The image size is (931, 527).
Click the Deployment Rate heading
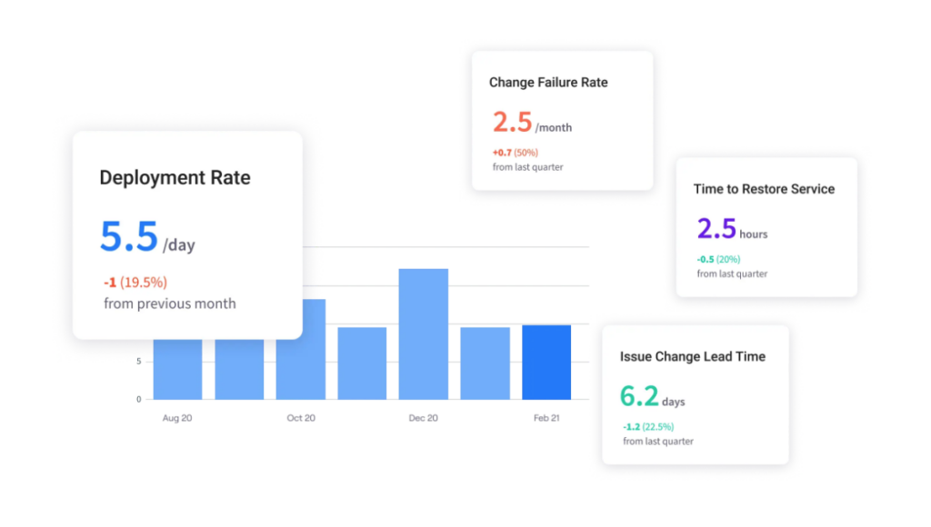click(x=175, y=178)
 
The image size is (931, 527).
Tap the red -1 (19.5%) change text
click(x=135, y=282)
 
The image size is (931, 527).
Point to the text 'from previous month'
click(x=170, y=303)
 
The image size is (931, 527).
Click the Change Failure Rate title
click(x=548, y=83)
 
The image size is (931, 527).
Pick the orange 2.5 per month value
click(x=512, y=122)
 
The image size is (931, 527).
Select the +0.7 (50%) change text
click(x=516, y=153)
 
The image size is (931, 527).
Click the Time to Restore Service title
click(x=764, y=189)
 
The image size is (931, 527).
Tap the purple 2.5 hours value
click(x=716, y=228)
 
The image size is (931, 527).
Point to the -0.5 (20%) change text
click(x=720, y=259)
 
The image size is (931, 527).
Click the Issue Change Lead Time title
click(x=693, y=356)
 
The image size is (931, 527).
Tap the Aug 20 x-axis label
click(x=177, y=418)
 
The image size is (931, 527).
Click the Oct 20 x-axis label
click(x=301, y=418)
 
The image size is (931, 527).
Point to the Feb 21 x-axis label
click(x=546, y=418)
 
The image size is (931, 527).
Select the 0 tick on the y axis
click(x=138, y=399)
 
